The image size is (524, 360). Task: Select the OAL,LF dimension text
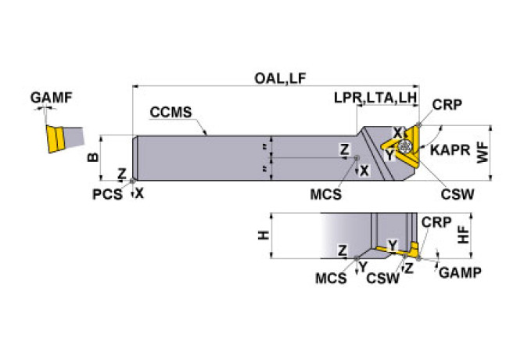pos(278,77)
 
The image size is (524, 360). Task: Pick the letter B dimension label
pos(93,157)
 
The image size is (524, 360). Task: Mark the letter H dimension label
pos(264,235)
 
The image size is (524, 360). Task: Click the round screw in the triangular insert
pos(404,146)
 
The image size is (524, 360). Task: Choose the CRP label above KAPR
pos(446,106)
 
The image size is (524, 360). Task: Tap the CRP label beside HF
pos(436,221)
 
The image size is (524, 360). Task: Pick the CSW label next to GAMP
pos(381,277)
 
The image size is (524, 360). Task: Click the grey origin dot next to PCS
pos(133,183)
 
